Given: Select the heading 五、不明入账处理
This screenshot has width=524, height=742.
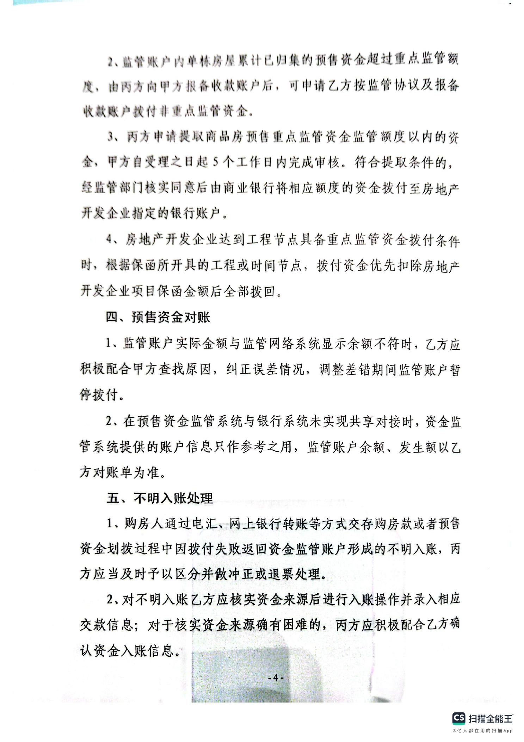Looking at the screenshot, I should (x=160, y=498).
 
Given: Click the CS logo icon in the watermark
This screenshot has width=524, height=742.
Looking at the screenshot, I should (x=459, y=717).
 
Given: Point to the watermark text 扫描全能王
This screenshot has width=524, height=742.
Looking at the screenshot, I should (x=490, y=718).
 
